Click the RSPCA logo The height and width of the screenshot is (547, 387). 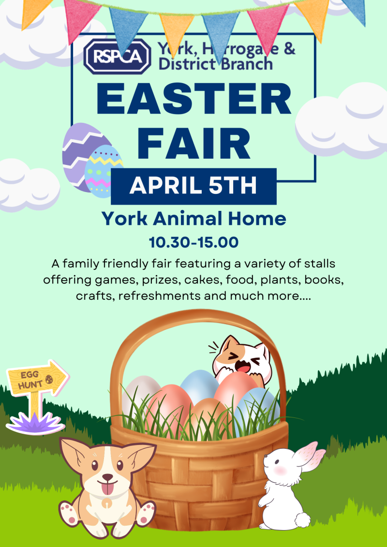tap(117, 57)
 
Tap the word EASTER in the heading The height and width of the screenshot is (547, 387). tap(193, 100)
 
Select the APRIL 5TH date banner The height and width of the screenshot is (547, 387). tap(193, 187)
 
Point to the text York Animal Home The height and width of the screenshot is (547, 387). tap(193, 219)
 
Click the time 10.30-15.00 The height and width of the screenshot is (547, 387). tap(193, 242)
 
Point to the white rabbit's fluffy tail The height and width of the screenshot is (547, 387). tap(302, 520)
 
